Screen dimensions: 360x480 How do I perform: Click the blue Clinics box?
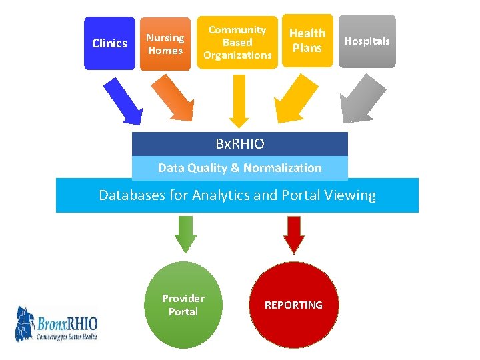coord(109,43)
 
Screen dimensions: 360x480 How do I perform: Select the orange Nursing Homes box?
coord(165,44)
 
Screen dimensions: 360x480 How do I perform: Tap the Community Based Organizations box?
coord(237,43)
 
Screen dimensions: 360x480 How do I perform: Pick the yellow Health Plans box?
coord(307,41)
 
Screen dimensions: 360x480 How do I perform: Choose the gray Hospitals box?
coord(367,41)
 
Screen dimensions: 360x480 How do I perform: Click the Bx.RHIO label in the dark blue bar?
coord(240,144)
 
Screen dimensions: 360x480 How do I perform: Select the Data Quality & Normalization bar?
coord(240,168)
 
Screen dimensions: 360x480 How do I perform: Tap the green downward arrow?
coord(185,234)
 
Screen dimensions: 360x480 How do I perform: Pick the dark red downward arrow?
coord(293,234)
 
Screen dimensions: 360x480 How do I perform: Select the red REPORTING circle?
coord(293,305)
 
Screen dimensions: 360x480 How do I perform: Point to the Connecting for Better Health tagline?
coord(66,337)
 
